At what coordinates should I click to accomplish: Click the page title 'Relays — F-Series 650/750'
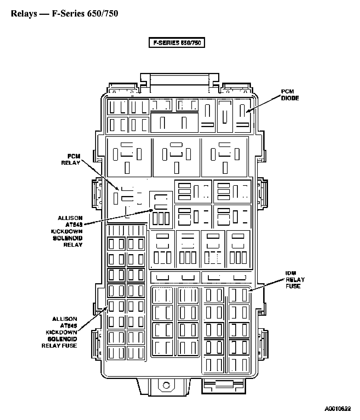64,13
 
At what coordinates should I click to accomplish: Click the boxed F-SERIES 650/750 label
177,43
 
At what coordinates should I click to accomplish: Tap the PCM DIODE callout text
290,95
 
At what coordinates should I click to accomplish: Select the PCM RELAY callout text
71,160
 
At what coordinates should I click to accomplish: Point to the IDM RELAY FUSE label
295,280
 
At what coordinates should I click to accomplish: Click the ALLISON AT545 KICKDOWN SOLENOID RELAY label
70,231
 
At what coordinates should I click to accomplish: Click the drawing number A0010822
337,409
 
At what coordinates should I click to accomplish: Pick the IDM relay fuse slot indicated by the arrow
239,295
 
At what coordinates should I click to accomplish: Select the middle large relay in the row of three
177,157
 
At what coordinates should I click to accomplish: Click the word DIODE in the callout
290,98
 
